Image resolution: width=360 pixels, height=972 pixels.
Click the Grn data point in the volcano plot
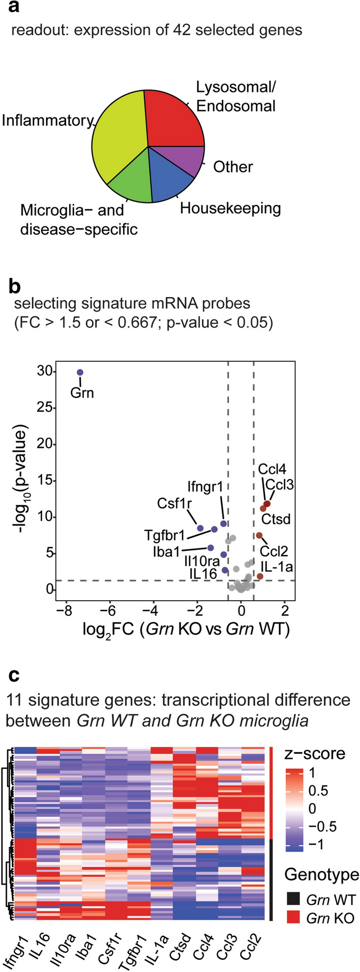pos(80,372)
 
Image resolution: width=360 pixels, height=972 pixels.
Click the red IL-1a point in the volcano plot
pos(260,576)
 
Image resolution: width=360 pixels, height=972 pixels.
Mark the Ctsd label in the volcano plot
pos(276,519)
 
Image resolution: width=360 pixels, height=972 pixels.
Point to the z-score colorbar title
pos(314,753)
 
